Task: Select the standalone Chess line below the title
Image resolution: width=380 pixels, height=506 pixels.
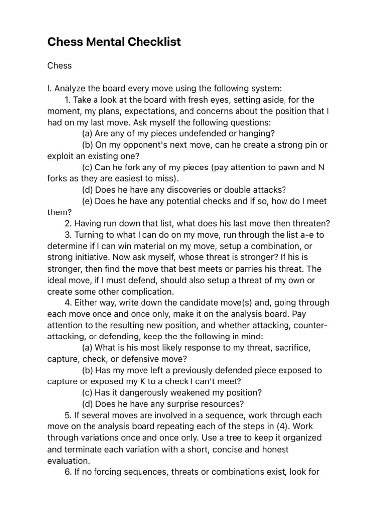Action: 60,66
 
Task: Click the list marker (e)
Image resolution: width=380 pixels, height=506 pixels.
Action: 87,201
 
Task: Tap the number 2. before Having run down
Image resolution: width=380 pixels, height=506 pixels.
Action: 68,224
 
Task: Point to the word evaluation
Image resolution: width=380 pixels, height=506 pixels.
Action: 68,460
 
